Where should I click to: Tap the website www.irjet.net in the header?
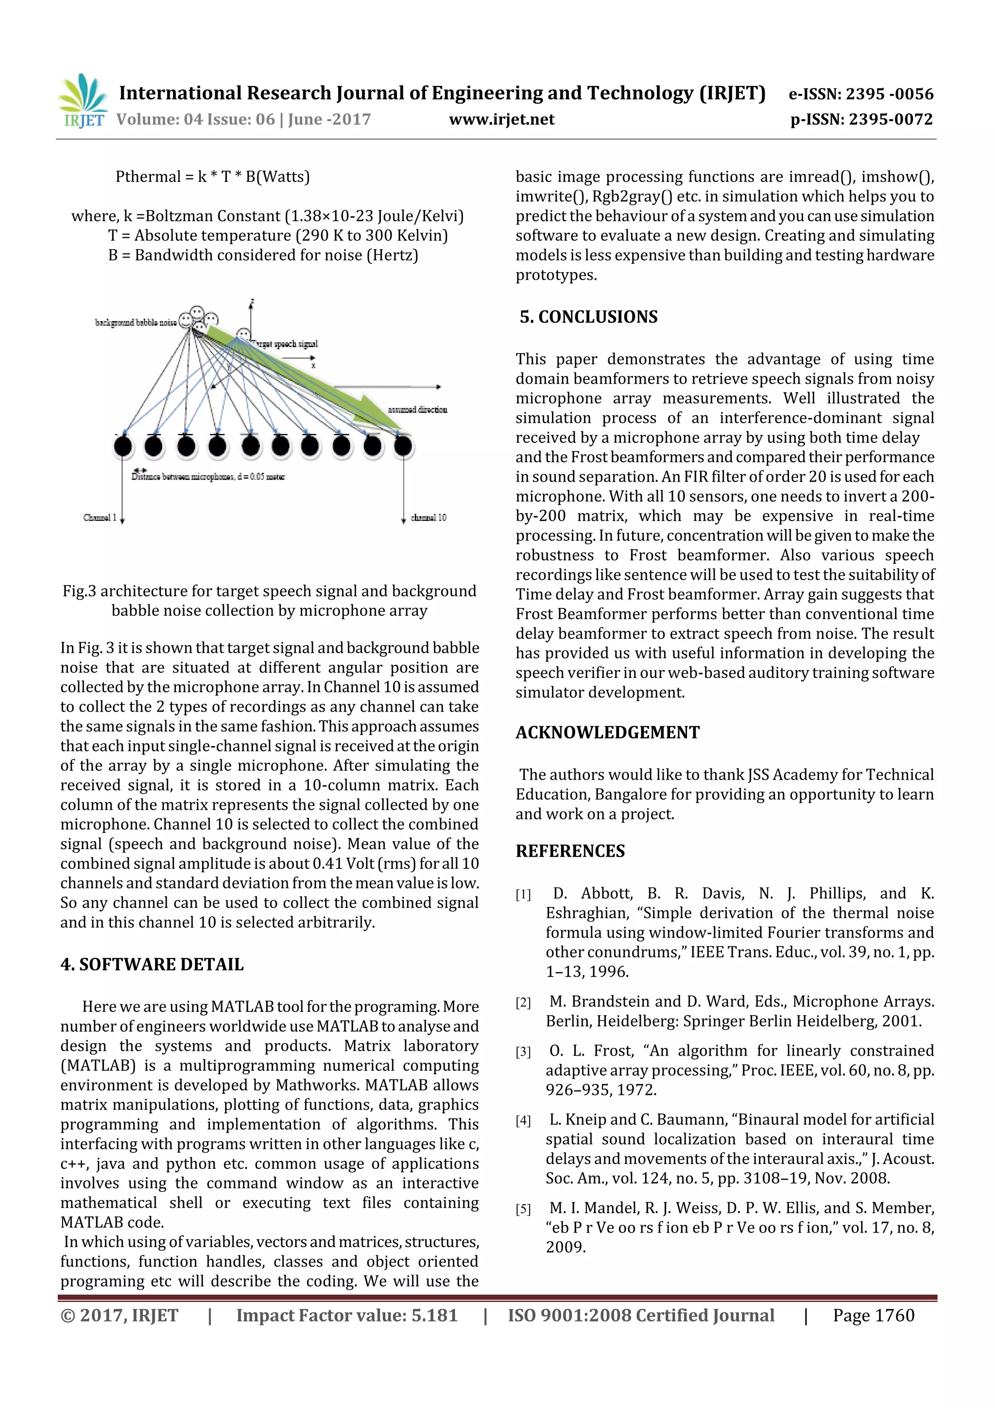click(501, 120)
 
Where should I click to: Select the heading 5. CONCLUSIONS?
click(588, 317)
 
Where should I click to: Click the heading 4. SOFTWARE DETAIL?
click(152, 965)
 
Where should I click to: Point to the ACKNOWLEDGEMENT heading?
click(607, 733)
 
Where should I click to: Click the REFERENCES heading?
click(570, 851)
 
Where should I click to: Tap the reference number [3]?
click(523, 1052)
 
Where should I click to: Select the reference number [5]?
click(523, 1209)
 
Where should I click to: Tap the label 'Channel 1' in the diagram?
click(99, 518)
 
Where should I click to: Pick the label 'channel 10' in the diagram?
click(429, 518)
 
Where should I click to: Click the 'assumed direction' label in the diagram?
click(417, 410)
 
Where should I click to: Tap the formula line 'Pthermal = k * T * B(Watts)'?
click(213, 177)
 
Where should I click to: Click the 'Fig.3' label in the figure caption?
click(79, 591)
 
